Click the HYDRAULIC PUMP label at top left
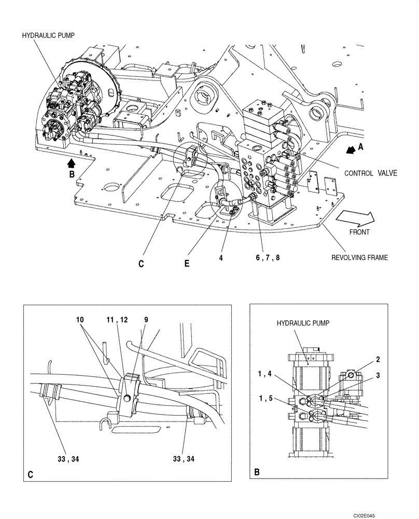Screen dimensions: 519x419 click(49, 35)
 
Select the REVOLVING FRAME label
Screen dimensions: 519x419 click(359, 257)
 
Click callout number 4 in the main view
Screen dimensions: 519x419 click(221, 256)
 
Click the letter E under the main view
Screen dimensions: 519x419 click(187, 263)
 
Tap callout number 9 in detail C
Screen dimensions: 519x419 click(146, 320)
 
